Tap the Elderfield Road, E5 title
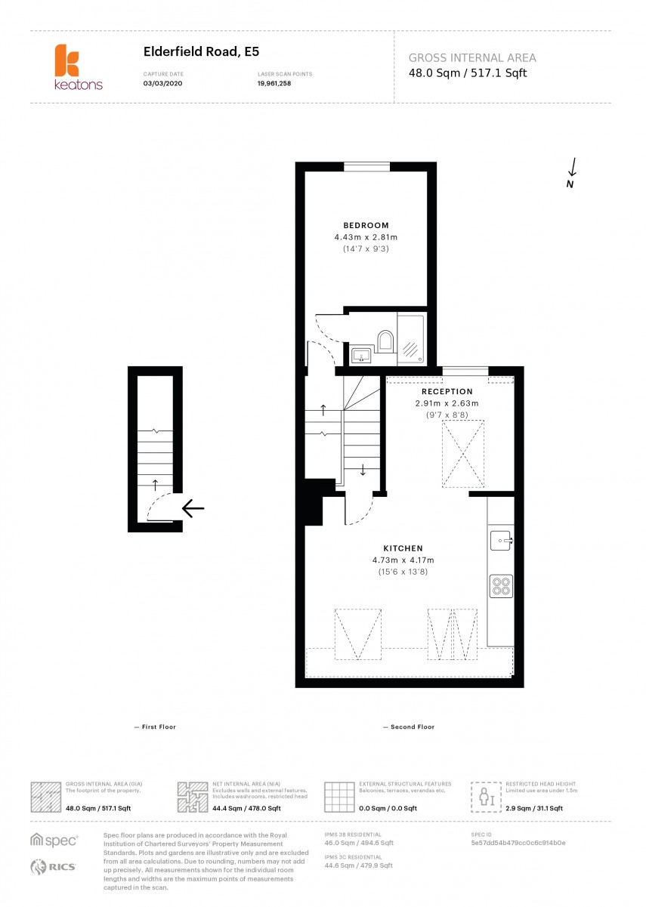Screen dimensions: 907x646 [190, 52]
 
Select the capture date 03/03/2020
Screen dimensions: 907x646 [162, 83]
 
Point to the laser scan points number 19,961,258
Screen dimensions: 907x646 [274, 83]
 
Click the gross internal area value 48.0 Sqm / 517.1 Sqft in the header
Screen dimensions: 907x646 [468, 73]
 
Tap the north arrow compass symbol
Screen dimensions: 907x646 [572, 173]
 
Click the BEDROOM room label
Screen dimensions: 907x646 [366, 225]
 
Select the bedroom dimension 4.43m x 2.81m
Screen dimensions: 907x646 [366, 237]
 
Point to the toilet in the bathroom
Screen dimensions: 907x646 [385, 341]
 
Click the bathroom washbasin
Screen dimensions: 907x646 [360, 354]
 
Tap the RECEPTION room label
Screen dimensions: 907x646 [447, 391]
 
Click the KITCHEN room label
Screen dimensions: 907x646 [403, 548]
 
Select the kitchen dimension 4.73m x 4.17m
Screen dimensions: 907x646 [403, 560]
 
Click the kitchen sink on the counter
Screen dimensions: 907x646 [501, 540]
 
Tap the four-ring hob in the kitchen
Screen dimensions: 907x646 [501, 585]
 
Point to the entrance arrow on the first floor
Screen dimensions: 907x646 [193, 510]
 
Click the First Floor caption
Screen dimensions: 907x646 [155, 727]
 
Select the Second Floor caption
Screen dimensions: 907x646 [409, 727]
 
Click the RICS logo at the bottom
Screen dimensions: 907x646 [54, 867]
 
